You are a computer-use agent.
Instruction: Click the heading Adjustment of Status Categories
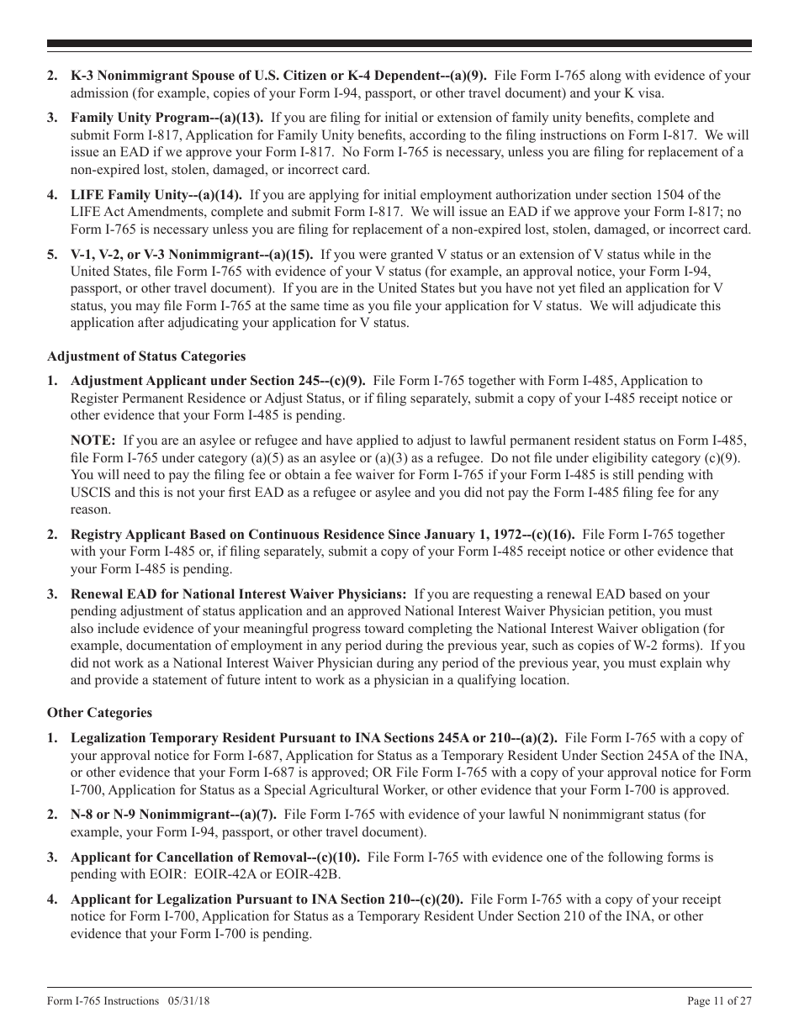[x=146, y=356]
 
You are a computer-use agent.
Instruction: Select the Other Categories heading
[x=99, y=713]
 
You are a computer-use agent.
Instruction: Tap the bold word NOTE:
[x=93, y=440]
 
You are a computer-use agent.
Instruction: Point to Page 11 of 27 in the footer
[x=719, y=1000]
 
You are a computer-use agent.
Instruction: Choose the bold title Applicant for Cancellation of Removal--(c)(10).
[x=215, y=857]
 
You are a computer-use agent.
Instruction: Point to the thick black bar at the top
[x=399, y=45]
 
